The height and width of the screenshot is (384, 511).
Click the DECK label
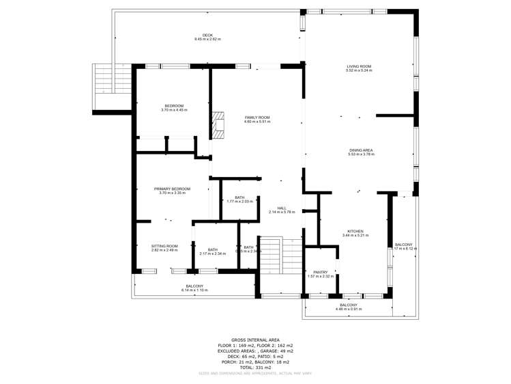tap(207, 35)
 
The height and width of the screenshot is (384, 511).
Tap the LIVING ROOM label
tap(359, 66)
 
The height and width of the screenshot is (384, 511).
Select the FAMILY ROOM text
tap(257, 118)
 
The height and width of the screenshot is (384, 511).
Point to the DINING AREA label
tap(361, 150)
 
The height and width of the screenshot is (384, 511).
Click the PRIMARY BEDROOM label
tap(172, 189)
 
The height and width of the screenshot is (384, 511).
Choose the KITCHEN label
tap(355, 231)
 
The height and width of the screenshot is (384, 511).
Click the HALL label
tap(281, 208)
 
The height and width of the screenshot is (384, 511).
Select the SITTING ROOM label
tap(164, 246)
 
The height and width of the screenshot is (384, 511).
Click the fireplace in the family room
tap(218, 125)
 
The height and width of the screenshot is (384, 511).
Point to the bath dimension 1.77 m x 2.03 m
tap(239, 202)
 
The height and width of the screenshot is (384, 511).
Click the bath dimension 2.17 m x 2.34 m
tap(213, 253)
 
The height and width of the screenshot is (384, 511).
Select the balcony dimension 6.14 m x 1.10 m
tap(194, 290)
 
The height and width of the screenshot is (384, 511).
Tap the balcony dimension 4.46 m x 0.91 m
tap(349, 309)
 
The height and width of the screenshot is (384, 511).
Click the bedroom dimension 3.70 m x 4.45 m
tap(173, 110)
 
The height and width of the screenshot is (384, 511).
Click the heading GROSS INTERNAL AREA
tap(255, 340)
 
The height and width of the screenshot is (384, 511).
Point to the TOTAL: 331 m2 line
tap(255, 368)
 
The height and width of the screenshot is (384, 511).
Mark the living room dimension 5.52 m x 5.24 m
tap(359, 70)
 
